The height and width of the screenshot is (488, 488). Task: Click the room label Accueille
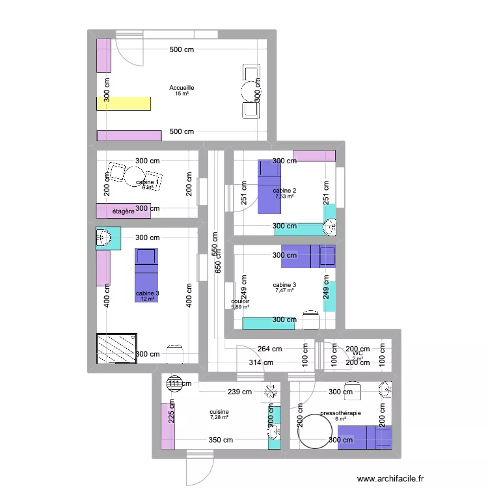182,88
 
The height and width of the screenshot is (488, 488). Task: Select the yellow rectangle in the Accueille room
124,103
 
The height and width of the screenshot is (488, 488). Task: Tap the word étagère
123,211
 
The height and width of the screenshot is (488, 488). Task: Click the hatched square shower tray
117,349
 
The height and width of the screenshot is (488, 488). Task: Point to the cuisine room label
219,412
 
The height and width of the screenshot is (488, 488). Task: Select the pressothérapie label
340,413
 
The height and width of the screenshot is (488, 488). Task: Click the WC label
357,353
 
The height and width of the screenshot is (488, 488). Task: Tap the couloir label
241,301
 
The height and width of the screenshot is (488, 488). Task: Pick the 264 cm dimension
269,349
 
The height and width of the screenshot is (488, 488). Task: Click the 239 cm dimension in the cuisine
239,392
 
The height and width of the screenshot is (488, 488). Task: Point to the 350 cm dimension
221,441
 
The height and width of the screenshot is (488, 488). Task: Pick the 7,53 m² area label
284,196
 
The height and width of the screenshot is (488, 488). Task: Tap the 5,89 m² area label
241,307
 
